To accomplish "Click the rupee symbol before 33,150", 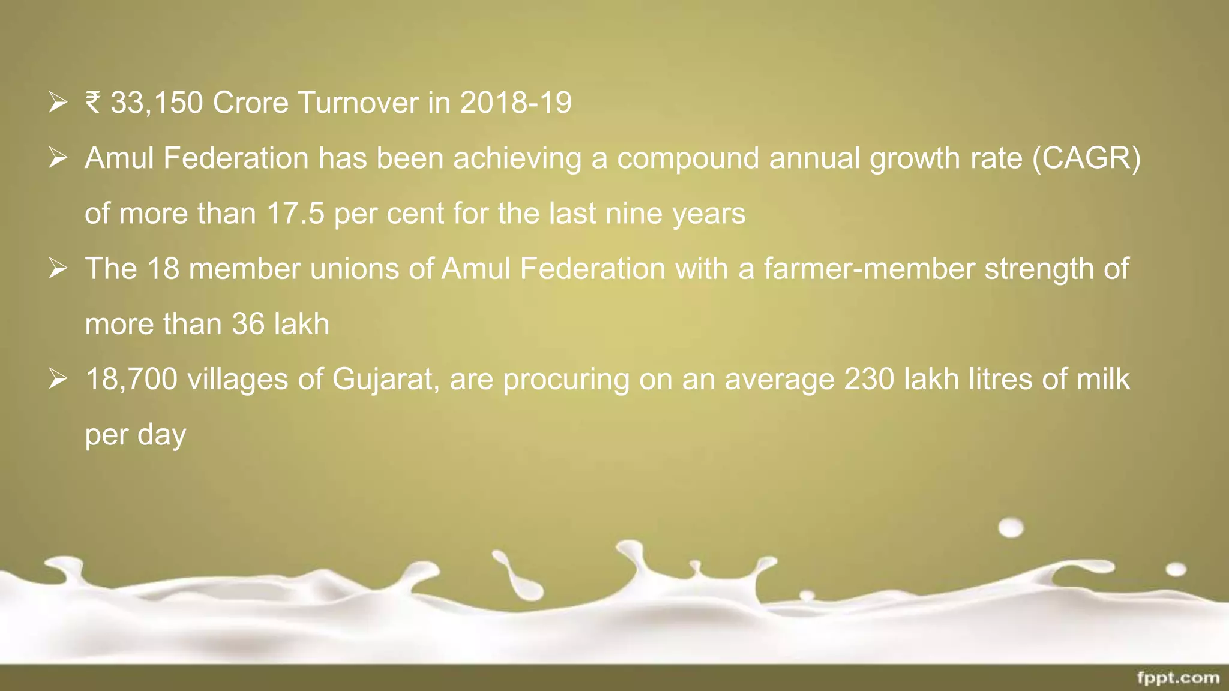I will (x=93, y=102).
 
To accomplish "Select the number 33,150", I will (x=157, y=103).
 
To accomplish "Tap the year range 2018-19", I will (x=515, y=103).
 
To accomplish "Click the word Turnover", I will (x=358, y=103).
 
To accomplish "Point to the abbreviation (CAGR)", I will (x=1086, y=158).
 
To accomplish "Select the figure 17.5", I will (x=295, y=214).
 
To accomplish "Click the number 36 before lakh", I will (x=248, y=324).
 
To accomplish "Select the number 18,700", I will (x=131, y=379).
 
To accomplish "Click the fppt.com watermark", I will (x=1178, y=678).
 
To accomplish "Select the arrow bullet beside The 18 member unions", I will (x=58, y=268).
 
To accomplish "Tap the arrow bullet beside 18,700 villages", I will (x=58, y=379).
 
